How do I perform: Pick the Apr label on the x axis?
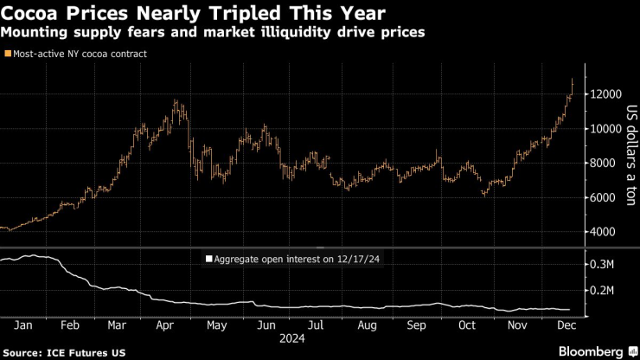click(x=168, y=325)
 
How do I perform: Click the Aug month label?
click(x=367, y=325)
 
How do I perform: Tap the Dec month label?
click(x=566, y=325)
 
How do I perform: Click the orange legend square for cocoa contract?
click(x=8, y=54)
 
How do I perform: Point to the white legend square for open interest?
click(x=208, y=259)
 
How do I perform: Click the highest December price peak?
click(x=572, y=80)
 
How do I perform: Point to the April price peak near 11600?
click(x=176, y=101)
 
